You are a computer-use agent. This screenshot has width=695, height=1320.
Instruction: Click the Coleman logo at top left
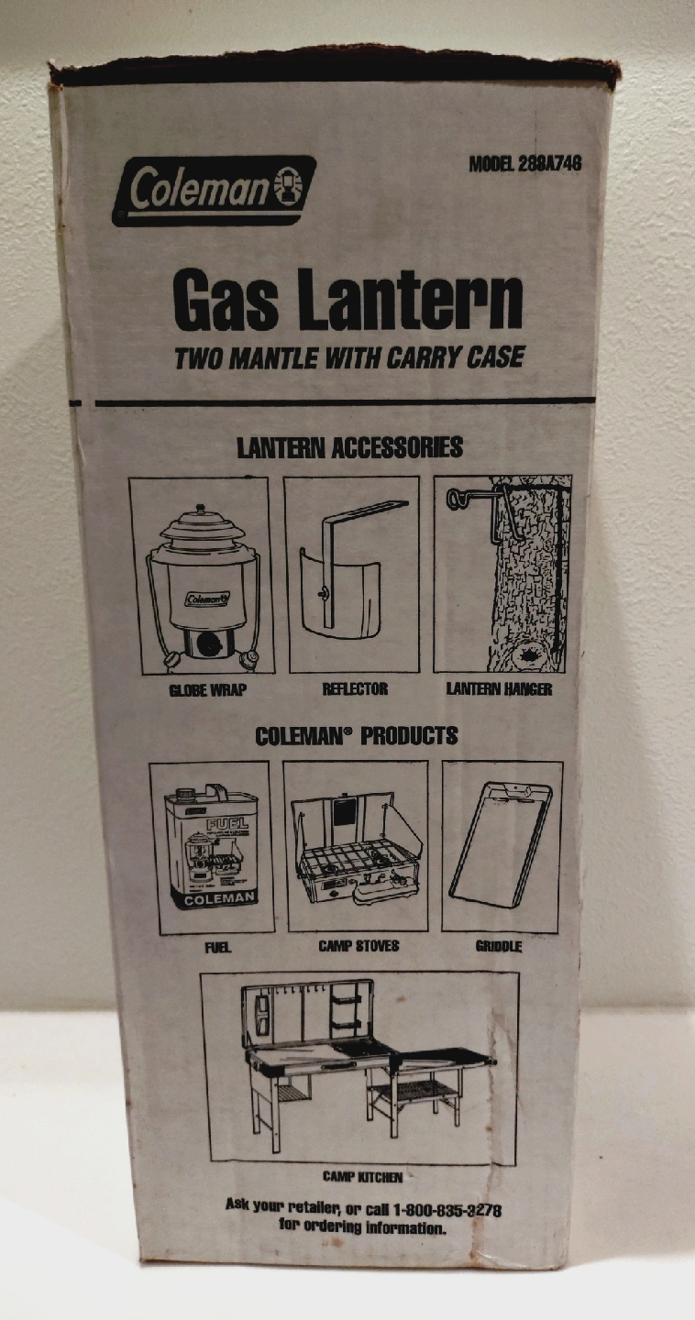[215, 191]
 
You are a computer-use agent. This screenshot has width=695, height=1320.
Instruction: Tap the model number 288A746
[550, 164]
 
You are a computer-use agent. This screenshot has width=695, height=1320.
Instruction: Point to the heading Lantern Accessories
[349, 448]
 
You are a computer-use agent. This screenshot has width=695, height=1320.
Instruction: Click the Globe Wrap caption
[207, 689]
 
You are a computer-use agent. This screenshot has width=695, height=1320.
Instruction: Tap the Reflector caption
[355, 688]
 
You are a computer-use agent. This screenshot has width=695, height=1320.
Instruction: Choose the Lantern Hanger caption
[499, 688]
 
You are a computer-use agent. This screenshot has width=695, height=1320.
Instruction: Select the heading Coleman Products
[356, 736]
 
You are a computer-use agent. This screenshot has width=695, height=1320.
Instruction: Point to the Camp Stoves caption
[359, 946]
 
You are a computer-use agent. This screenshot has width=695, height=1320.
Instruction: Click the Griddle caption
[499, 947]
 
